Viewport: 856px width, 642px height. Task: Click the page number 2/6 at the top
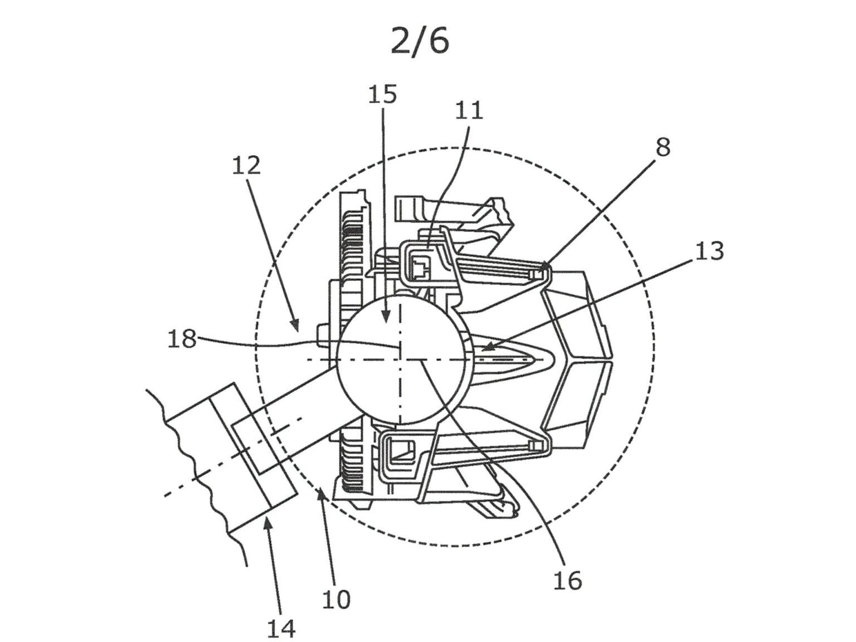pos(420,41)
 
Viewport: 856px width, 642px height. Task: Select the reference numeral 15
pos(382,94)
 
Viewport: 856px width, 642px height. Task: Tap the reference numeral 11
pos(469,110)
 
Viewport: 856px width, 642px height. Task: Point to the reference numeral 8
pos(663,148)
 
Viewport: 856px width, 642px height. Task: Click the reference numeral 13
pos(709,251)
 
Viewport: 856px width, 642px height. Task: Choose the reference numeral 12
pos(246,166)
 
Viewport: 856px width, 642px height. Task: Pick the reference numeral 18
pos(182,338)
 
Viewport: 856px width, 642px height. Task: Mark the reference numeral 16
pos(567,580)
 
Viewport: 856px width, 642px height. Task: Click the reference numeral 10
pos(336,600)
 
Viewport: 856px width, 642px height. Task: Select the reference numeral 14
pos(281,629)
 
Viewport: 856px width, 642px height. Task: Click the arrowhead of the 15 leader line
pos(386,322)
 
